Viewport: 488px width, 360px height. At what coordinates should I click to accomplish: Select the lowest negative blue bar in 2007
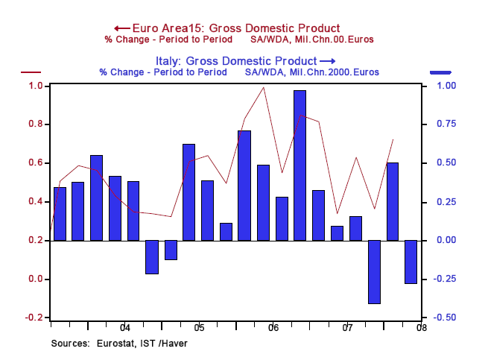tap(374, 271)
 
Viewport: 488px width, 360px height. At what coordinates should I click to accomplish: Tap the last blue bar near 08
tap(411, 262)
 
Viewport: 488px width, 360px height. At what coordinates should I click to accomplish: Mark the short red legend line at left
tap(31, 72)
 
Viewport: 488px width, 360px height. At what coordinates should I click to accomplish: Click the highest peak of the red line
tap(263, 87)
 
